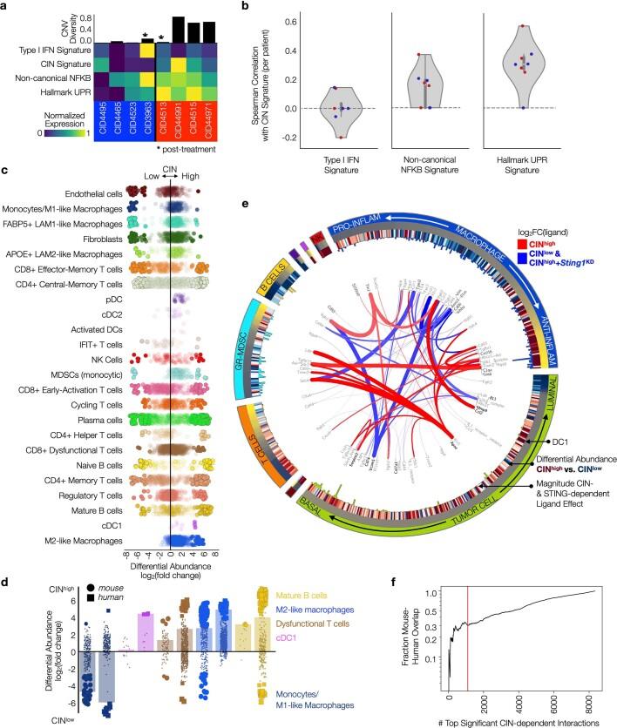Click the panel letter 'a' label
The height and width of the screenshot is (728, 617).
6,8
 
